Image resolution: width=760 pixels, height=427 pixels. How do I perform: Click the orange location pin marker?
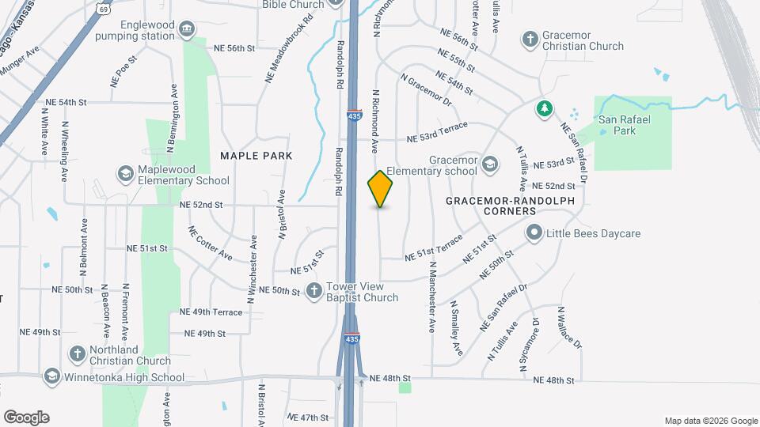[381, 189]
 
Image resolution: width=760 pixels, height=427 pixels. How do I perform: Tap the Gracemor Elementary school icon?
[490, 164]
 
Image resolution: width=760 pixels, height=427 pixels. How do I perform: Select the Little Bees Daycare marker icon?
[534, 233]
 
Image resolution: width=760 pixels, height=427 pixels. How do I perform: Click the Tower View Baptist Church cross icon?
[314, 290]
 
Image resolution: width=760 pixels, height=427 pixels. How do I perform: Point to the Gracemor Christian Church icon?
[530, 39]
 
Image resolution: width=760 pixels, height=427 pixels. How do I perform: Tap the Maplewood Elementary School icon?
[125, 173]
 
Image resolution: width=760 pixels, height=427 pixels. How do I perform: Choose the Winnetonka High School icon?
[52, 376]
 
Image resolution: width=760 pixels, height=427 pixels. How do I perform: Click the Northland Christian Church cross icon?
[78, 353]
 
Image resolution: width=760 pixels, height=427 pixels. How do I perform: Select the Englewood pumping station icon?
[187, 30]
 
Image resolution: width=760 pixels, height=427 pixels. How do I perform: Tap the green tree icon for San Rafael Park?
[543, 108]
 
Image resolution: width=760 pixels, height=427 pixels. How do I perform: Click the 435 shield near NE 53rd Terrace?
[354, 116]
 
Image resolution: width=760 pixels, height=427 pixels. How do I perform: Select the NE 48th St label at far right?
[553, 380]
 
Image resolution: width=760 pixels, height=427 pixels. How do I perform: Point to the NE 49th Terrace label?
[211, 312]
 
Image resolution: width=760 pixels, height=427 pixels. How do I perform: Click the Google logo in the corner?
[26, 418]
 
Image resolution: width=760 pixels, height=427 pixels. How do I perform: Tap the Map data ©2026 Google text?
[710, 421]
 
